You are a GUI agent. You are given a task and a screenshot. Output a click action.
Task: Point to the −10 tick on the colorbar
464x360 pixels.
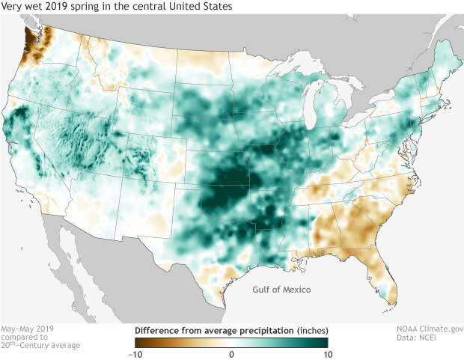click(135, 353)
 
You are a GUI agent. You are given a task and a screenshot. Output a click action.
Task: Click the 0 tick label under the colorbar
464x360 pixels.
click(232, 353)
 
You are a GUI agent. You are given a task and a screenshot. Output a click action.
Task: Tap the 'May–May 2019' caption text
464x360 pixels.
click(28, 329)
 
